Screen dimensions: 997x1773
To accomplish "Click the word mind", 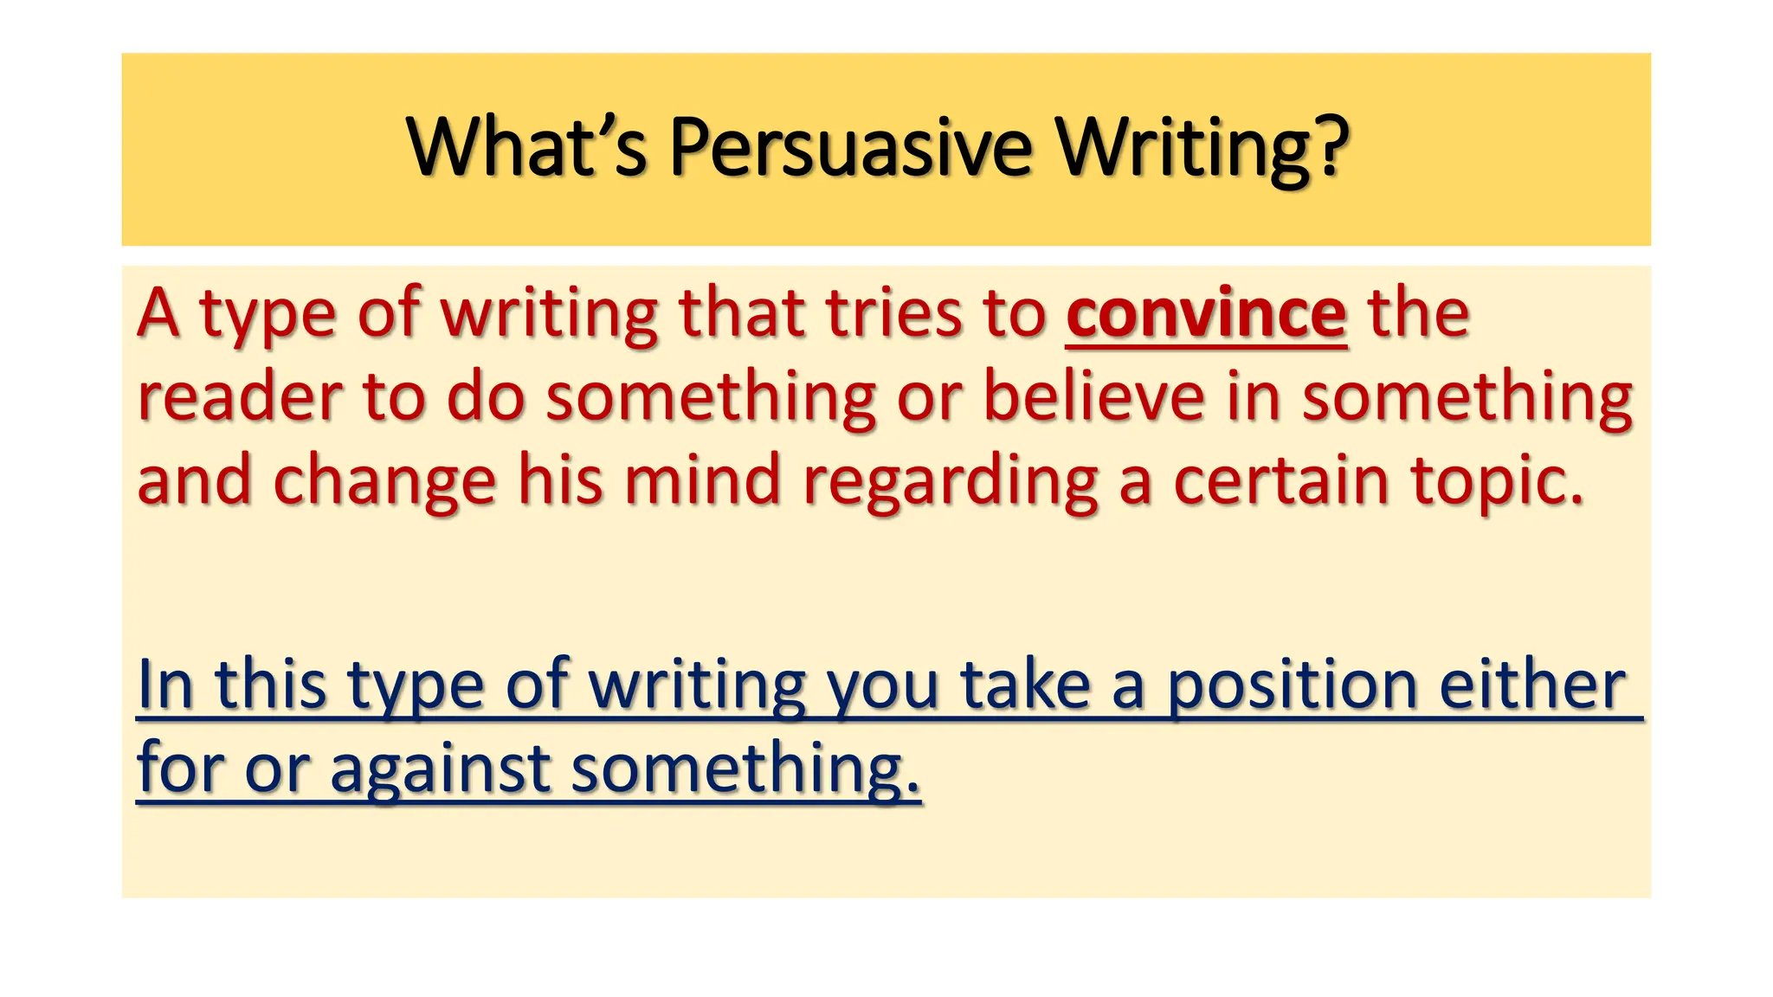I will [703, 481].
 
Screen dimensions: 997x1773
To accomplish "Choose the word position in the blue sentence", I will [1292, 685].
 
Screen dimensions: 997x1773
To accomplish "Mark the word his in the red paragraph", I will [559, 481].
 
